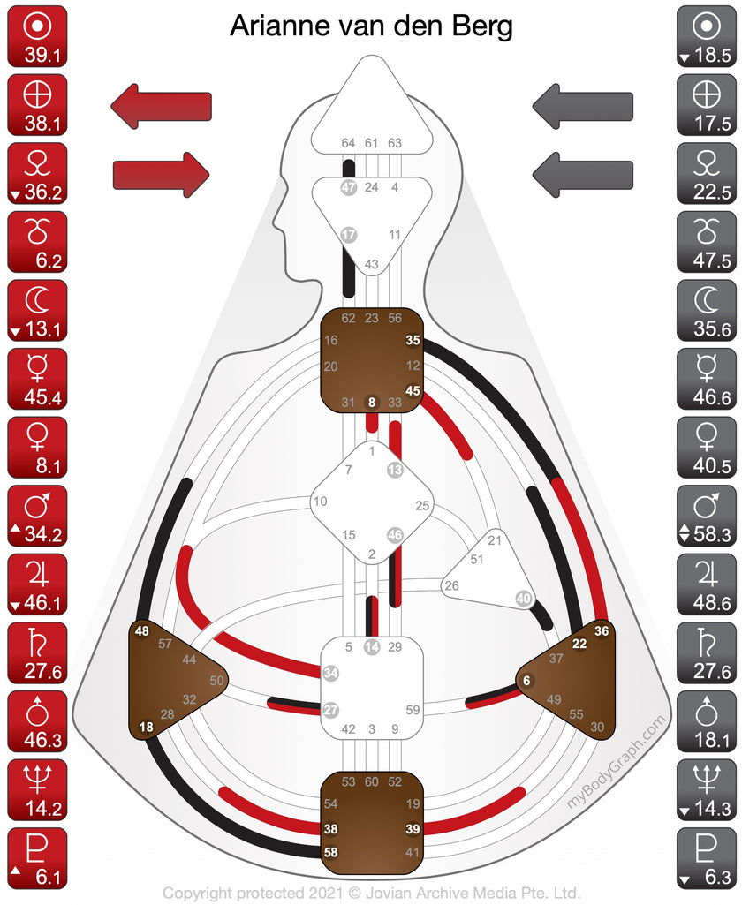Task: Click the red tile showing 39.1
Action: [37, 36]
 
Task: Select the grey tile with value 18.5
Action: [705, 36]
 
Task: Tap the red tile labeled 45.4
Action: [37, 379]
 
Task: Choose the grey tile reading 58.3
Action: [705, 516]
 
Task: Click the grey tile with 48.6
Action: [705, 584]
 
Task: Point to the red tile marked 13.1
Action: [37, 310]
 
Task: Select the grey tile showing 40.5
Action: [705, 448]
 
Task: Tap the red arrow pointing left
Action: [161, 106]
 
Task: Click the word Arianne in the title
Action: [274, 26]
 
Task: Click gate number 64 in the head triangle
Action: [349, 143]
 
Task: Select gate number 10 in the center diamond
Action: [320, 502]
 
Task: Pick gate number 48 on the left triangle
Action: [142, 631]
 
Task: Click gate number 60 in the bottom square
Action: [372, 781]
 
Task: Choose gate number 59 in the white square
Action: [412, 709]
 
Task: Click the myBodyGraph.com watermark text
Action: [617, 762]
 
